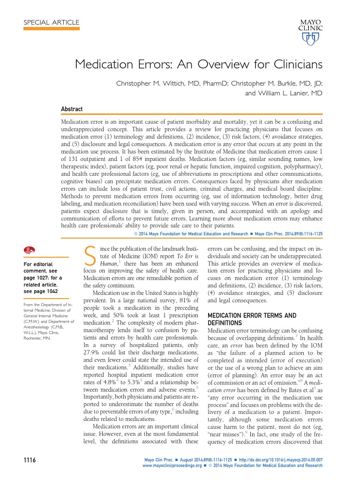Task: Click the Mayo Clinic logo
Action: pos(310,32)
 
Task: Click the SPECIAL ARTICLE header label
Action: pos(51,22)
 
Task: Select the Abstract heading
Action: pos(72,109)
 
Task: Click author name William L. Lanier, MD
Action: pos(284,93)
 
